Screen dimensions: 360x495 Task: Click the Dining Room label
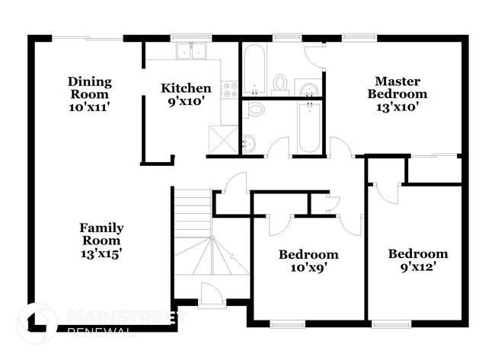tap(90, 94)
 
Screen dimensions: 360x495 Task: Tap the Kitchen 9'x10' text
tap(185, 94)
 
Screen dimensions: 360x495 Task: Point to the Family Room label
tap(102, 240)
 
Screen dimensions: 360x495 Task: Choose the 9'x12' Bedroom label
tap(417, 260)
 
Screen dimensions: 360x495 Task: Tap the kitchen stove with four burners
tap(228, 88)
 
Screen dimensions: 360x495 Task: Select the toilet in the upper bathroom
tap(280, 83)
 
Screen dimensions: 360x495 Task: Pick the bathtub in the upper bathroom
tap(254, 69)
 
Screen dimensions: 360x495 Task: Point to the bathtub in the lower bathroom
tap(308, 126)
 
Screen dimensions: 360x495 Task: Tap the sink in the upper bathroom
tap(308, 88)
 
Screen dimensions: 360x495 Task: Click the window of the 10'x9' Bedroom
tap(287, 324)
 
